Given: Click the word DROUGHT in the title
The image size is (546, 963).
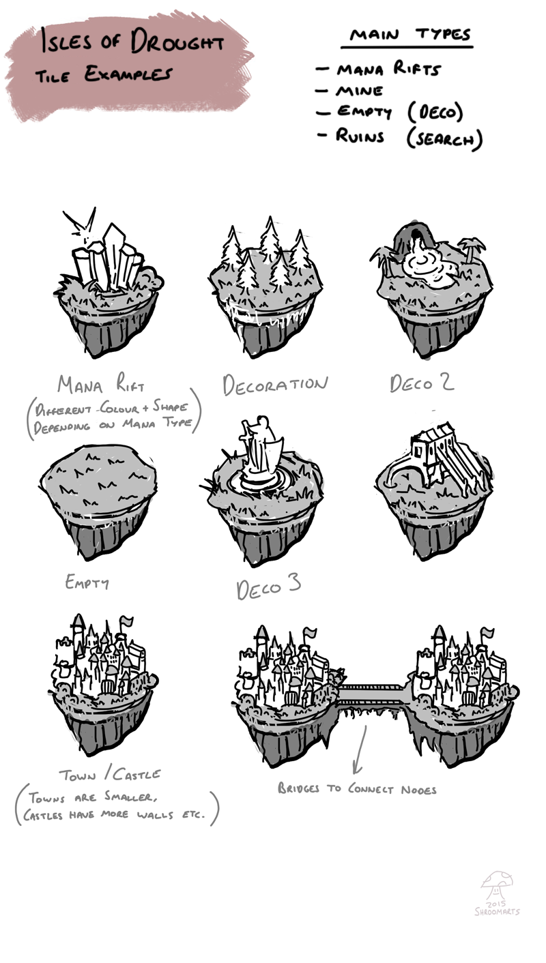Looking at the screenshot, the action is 177,44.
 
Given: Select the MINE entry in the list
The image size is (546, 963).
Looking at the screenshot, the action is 359,91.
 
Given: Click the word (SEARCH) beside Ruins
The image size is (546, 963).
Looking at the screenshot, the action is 444,138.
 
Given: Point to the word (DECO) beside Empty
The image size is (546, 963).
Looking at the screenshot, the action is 435,113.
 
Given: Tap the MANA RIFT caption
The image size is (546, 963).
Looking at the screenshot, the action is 101,384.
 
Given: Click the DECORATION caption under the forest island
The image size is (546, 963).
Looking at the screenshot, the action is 275,385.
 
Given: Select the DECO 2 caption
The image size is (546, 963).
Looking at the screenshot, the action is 422,383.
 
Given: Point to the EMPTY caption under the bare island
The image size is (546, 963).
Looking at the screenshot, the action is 87,582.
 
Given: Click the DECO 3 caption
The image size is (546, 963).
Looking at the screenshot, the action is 268,587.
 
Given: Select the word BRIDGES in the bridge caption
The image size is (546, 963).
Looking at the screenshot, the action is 298,788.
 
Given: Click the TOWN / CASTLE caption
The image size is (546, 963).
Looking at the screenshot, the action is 110,774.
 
